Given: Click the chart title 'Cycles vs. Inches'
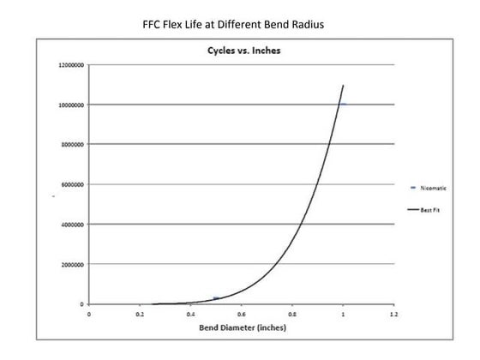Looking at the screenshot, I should [242, 50].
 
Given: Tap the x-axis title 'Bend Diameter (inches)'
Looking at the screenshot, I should [243, 327].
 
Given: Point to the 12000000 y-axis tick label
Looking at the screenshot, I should [72, 65].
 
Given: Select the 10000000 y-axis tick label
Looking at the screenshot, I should [72, 105].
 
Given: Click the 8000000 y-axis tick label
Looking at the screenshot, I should [74, 145].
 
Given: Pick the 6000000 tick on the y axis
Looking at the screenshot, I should [74, 184].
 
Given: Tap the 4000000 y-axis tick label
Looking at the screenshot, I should [74, 225].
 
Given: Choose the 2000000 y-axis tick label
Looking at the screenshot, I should [74, 264].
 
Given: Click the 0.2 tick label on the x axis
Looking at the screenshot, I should [140, 315].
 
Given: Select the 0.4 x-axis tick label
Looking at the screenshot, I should [190, 315].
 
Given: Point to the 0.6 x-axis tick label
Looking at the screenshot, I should [241, 315].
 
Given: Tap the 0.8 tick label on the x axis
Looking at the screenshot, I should [292, 315].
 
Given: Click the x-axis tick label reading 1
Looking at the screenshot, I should [343, 315].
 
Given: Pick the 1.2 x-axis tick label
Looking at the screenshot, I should [393, 315].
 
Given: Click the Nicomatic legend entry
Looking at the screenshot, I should [429, 187].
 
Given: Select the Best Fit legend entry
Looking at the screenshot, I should [428, 208].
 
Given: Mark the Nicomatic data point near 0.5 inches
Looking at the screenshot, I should [216, 297].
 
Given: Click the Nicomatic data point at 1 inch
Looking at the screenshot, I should [342, 104].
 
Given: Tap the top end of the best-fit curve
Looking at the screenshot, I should [343, 85].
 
